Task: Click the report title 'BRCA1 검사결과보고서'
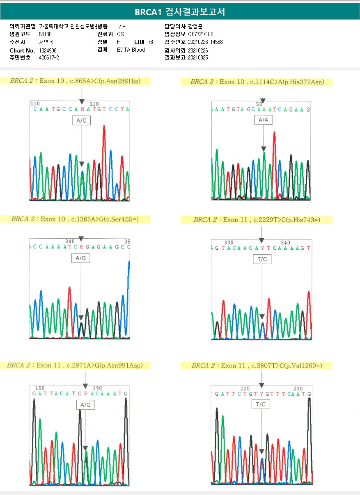pyautogui.click(x=180, y=12)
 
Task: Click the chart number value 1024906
pyautogui.click(x=48, y=50)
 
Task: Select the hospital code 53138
pyautogui.click(x=45, y=34)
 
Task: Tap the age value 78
pyautogui.click(x=150, y=42)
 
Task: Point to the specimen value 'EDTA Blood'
pyautogui.click(x=131, y=50)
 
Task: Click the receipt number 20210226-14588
pyautogui.click(x=205, y=42)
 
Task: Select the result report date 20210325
pyautogui.click(x=198, y=58)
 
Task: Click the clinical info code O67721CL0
pyautogui.click(x=201, y=34)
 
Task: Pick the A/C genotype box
pyautogui.click(x=81, y=121)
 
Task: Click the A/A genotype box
pyautogui.click(x=263, y=120)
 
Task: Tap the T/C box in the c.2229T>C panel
pyautogui.click(x=261, y=259)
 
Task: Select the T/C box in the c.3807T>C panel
pyautogui.click(x=261, y=405)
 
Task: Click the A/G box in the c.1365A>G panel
pyautogui.click(x=81, y=258)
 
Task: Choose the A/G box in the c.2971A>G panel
pyautogui.click(x=85, y=405)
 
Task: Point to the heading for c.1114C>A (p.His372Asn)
pyautogui.click(x=257, y=82)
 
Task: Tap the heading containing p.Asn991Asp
pyautogui.click(x=75, y=365)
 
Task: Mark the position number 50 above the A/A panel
pyautogui.click(x=259, y=104)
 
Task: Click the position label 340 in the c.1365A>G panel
pyautogui.click(x=70, y=241)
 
